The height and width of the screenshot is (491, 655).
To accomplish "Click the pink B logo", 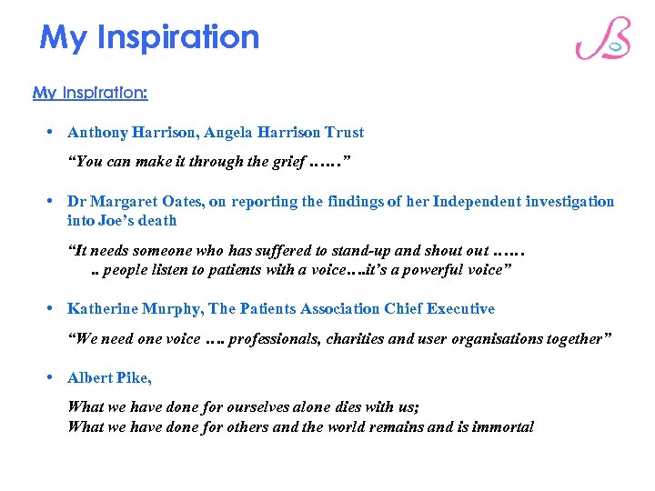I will click(602, 39).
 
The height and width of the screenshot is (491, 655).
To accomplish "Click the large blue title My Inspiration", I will click(150, 37).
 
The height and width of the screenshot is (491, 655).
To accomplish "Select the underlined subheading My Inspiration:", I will click(90, 93).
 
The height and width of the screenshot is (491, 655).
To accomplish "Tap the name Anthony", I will click(97, 133).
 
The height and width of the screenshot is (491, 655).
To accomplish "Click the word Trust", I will click(344, 133).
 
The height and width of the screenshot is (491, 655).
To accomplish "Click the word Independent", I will click(479, 202).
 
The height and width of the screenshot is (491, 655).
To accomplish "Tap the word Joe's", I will click(119, 220).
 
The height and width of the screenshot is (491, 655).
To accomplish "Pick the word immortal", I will click(502, 426).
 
